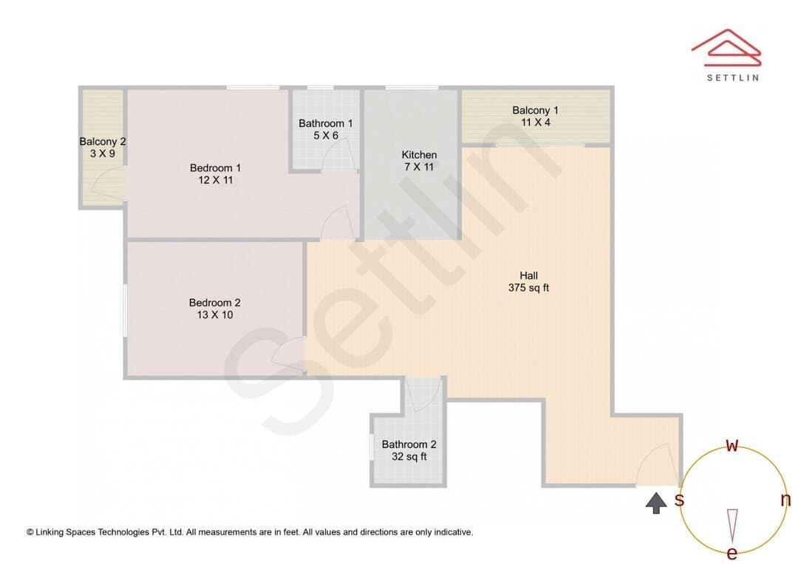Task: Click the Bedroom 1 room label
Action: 215,168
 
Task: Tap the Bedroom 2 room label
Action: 215,303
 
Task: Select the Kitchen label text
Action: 420,154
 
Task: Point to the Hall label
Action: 529,275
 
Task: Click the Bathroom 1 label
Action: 326,123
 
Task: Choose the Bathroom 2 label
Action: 409,444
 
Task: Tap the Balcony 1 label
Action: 536,110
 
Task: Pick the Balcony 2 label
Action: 102,142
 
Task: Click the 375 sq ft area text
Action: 529,288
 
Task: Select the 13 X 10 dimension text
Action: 215,314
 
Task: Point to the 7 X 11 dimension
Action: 419,167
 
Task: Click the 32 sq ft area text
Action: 409,457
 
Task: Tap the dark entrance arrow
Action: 657,503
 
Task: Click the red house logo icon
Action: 726,48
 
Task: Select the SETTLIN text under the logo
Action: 733,78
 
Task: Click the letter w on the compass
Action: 731,446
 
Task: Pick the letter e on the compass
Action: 732,554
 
